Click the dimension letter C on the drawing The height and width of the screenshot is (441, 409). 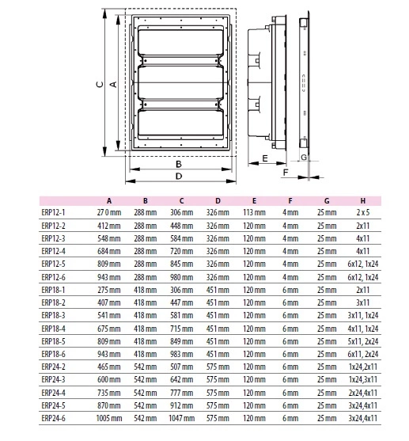pos(100,84)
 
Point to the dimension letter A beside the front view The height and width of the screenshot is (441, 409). pos(113,84)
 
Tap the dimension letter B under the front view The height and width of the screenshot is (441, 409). pos(179,164)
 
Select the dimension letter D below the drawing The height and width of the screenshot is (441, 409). pos(179,176)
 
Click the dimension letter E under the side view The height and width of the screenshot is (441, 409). pos(265,158)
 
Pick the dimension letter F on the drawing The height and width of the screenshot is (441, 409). pos(286,172)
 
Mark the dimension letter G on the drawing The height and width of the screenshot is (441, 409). pos(304,158)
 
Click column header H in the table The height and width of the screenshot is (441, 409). pos(363,201)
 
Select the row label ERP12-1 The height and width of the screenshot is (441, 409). pos(53,212)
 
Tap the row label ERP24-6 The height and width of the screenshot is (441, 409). pos(53,418)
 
